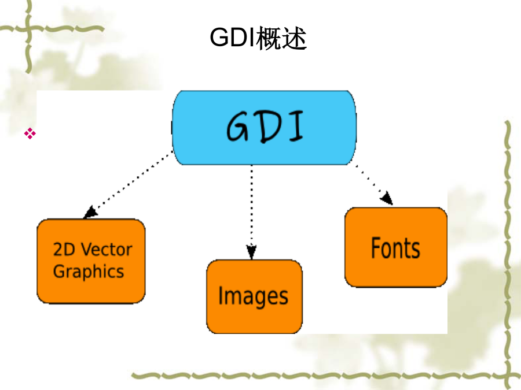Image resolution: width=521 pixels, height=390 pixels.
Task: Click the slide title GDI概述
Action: tap(258, 38)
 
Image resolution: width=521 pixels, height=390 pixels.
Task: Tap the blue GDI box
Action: tap(264, 128)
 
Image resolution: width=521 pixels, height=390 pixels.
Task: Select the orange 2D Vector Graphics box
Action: tap(91, 261)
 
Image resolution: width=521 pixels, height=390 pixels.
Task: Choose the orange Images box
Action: tap(255, 296)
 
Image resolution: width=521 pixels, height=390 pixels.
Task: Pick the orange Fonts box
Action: tap(396, 247)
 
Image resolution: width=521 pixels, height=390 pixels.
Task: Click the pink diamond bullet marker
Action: tap(30, 133)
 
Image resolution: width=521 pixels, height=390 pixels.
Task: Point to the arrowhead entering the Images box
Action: tap(252, 252)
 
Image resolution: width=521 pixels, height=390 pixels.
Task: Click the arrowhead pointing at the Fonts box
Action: tap(387, 198)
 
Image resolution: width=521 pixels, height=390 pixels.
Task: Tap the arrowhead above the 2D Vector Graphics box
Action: tap(90, 212)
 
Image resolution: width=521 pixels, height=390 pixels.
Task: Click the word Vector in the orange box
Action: tap(107, 250)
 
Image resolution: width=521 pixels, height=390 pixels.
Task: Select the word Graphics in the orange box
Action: tap(89, 272)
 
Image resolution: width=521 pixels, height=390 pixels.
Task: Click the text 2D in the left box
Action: tap(65, 250)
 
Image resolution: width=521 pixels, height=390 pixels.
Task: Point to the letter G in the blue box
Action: tap(237, 127)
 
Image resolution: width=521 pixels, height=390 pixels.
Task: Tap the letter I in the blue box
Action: tap(296, 127)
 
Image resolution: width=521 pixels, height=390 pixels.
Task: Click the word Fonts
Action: tap(395, 248)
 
